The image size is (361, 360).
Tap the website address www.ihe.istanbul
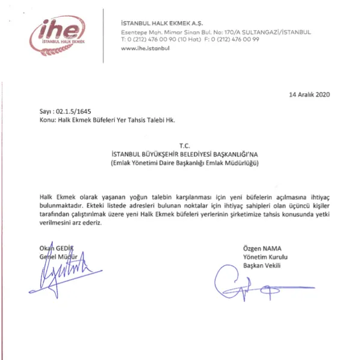point(145,48)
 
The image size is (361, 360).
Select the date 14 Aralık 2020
point(309,94)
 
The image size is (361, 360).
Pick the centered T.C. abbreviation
point(184,145)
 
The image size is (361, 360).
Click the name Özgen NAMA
point(262,249)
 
